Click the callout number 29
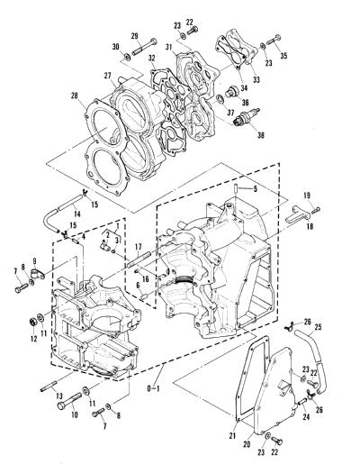point(134,36)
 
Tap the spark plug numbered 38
point(247,117)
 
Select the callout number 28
point(74,96)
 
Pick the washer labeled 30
point(127,56)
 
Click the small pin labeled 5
point(236,189)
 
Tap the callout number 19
point(307,196)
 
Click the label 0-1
point(153,389)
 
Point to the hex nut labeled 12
point(33,323)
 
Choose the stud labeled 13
point(49,387)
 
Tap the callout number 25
point(318,327)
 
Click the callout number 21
point(233,435)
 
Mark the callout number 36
point(246,102)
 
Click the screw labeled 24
point(302,401)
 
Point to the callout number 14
point(77,214)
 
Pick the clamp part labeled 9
point(38,272)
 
